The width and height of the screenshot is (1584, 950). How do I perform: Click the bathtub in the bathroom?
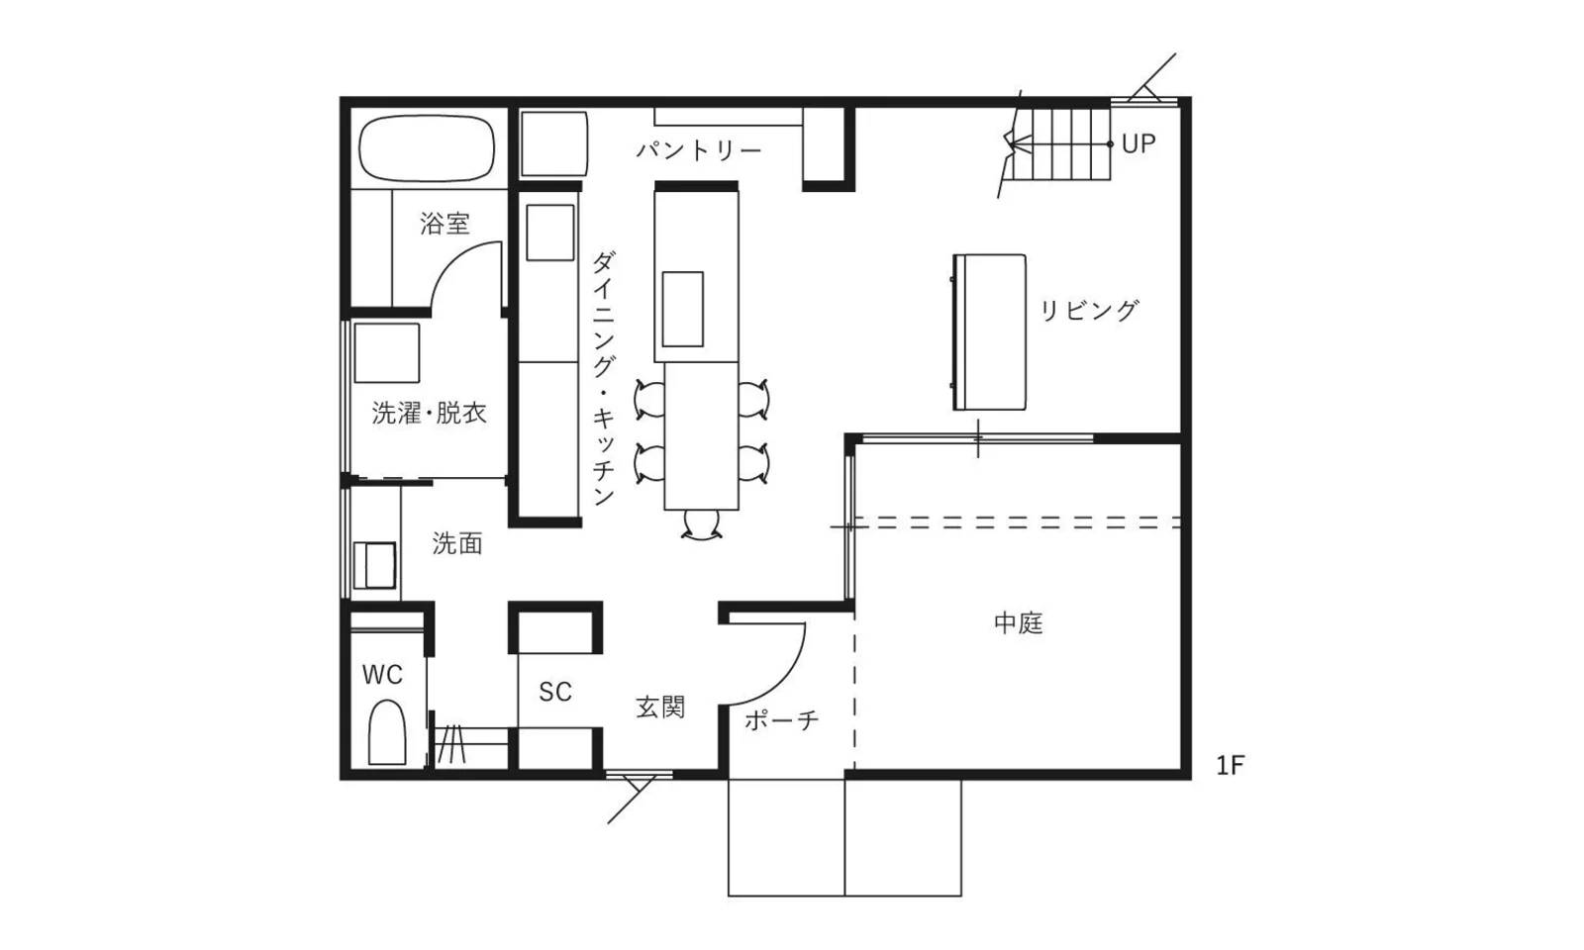[x=427, y=150]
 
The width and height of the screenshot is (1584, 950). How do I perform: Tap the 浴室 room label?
[x=445, y=224]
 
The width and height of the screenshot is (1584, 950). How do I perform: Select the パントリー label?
[x=699, y=150]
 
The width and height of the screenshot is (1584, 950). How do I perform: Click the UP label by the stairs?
[x=1138, y=143]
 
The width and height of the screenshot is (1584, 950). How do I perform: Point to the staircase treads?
[x=1064, y=144]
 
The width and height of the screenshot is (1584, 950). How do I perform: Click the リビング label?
[x=1089, y=311]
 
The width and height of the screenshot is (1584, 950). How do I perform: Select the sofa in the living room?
[x=989, y=332]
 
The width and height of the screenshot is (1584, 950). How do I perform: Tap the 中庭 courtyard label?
[x=1019, y=623]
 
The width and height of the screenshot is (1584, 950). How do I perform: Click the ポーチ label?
[x=782, y=720]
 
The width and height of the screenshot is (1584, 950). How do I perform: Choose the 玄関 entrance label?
[x=660, y=708]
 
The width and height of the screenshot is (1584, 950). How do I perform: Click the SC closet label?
[x=555, y=692]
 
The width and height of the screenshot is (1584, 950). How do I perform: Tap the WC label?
[x=382, y=675]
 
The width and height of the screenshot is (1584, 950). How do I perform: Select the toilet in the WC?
[x=387, y=733]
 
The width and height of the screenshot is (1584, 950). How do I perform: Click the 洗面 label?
[x=457, y=543]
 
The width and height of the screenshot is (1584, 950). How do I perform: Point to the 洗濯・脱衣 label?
[x=430, y=413]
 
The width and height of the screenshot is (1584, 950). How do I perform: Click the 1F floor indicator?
[x=1231, y=765]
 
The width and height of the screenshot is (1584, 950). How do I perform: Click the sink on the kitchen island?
[x=682, y=309]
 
